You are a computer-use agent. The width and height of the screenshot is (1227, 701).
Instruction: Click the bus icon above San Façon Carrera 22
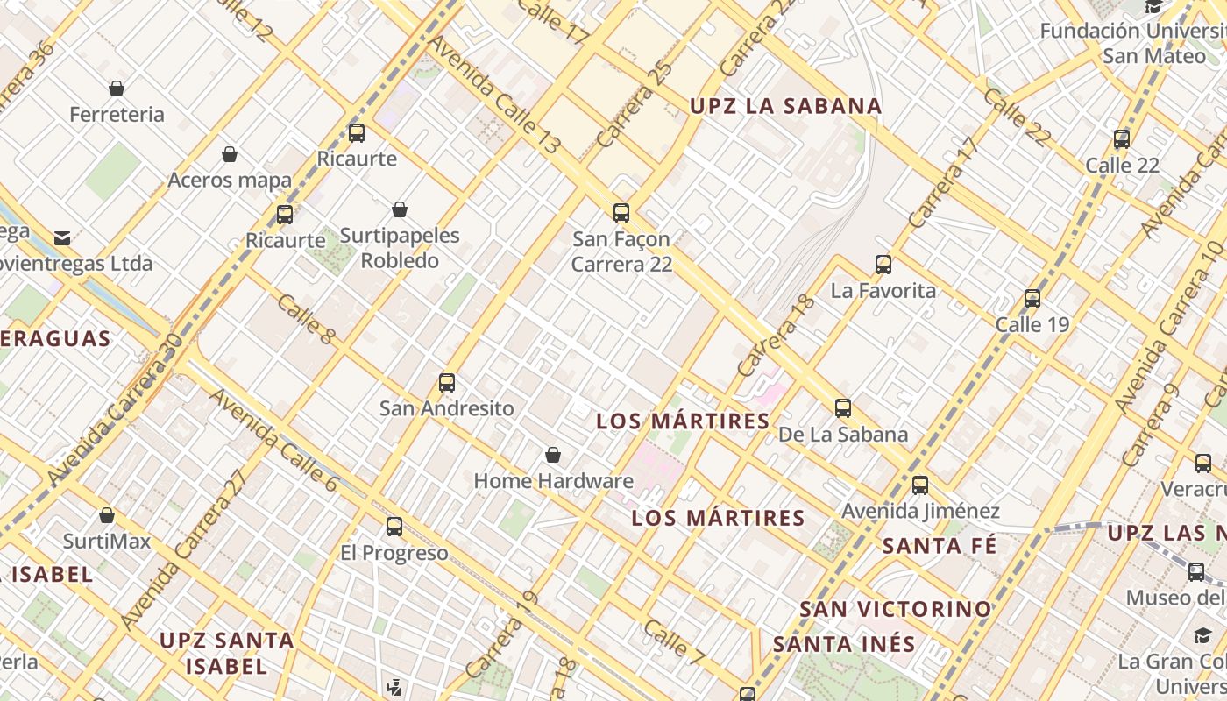pyautogui.click(x=621, y=212)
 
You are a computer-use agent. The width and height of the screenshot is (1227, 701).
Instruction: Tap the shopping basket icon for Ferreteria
pyautogui.click(x=117, y=89)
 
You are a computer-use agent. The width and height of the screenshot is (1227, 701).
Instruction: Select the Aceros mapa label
pyautogui.click(x=230, y=181)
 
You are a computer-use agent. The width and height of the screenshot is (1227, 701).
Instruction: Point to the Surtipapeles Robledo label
pyautogui.click(x=400, y=248)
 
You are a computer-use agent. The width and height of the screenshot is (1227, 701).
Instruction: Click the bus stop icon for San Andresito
pyautogui.click(x=447, y=383)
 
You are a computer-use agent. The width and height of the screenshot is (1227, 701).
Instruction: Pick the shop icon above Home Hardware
pyautogui.click(x=553, y=455)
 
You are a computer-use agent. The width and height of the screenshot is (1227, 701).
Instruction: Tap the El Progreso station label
pyautogui.click(x=394, y=553)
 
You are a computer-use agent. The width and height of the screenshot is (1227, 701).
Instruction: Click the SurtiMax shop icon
pyautogui.click(x=107, y=515)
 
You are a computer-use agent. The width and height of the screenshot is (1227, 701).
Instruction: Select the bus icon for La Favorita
pyautogui.click(x=883, y=265)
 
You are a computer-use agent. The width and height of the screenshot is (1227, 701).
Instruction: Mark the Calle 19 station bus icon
pyautogui.click(x=1032, y=299)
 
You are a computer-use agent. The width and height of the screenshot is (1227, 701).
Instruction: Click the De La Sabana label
pyautogui.click(x=843, y=435)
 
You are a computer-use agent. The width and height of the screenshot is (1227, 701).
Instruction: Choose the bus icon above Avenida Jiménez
pyautogui.click(x=920, y=485)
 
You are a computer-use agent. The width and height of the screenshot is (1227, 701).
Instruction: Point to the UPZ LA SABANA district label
pyautogui.click(x=785, y=106)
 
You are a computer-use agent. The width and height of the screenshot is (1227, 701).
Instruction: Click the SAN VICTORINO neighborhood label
pyautogui.click(x=896, y=608)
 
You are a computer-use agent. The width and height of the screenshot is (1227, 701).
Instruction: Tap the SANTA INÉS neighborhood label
pyautogui.click(x=844, y=644)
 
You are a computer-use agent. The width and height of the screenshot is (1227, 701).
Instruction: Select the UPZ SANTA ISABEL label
pyautogui.click(x=226, y=653)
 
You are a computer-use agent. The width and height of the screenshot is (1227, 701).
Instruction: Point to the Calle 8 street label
pyautogui.click(x=306, y=319)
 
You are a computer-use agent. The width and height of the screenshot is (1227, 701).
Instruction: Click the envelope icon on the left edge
pyautogui.click(x=62, y=238)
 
